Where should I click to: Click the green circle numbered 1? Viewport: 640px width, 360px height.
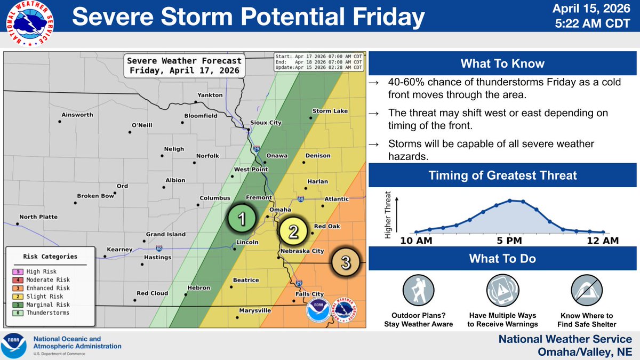(x=241, y=219)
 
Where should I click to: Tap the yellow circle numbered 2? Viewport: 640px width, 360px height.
(x=293, y=231)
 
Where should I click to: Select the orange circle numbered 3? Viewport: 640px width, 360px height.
(x=345, y=262)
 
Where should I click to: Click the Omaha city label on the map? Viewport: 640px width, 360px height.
(x=280, y=210)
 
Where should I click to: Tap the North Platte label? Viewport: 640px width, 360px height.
(x=38, y=217)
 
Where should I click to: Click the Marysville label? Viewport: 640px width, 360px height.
(x=255, y=310)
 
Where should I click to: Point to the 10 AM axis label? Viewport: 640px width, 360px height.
(x=417, y=241)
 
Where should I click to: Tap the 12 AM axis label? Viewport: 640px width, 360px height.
(x=603, y=241)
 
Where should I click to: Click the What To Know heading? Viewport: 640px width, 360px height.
(x=503, y=64)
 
